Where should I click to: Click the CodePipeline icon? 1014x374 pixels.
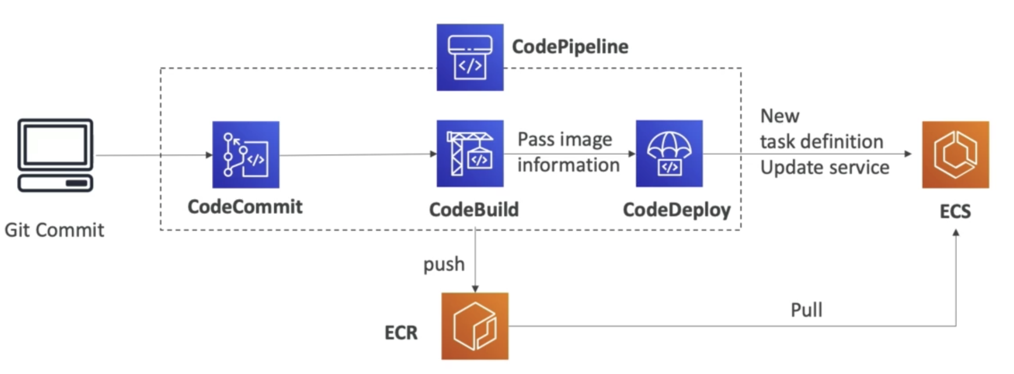pos(470,57)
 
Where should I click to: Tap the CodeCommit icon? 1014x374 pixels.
pos(245,155)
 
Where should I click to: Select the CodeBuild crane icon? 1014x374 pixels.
pos(470,154)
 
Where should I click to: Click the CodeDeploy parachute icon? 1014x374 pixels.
pos(669,154)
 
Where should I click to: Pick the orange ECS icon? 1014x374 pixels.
pos(955,155)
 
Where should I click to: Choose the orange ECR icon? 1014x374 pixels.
pos(475,326)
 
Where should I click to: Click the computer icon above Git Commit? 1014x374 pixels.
pos(55,155)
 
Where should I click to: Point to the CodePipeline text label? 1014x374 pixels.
pos(570,46)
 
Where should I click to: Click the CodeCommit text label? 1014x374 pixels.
pos(245,207)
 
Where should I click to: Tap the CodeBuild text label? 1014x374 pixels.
pos(474,209)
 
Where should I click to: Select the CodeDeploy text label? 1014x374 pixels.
pos(676,209)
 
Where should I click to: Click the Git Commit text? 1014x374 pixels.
pos(54,230)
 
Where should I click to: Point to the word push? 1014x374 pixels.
pos(444,265)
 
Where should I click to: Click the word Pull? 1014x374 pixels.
pos(806,310)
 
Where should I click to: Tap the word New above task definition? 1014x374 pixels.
pos(780,116)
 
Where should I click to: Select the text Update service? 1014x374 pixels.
pos(824,167)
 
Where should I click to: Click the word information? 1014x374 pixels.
pos(568,165)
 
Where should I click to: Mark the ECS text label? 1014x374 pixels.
pos(955,211)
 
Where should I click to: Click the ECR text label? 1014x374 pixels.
pos(400,332)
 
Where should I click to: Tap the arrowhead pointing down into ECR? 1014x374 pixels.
pos(475,288)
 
